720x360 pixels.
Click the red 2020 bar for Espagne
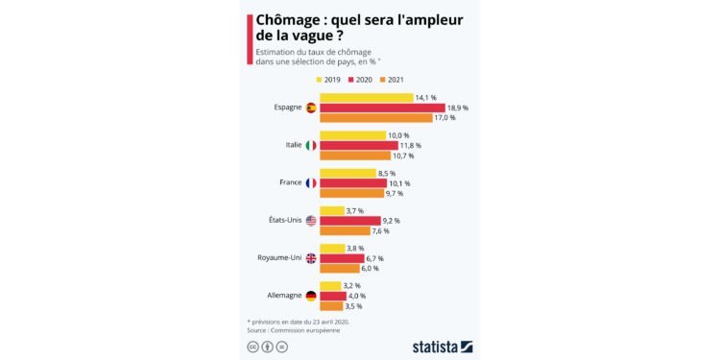pyautogui.click(x=382, y=108)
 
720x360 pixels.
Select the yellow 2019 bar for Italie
pyautogui.click(x=352, y=135)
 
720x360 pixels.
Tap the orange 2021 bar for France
pyautogui.click(x=351, y=193)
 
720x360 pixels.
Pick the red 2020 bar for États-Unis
pyautogui.click(x=349, y=221)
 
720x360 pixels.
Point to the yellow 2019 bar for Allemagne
pyautogui.click(x=330, y=285)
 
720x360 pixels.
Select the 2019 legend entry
pyautogui.click(x=329, y=80)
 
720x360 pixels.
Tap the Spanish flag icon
pyautogui.click(x=311, y=108)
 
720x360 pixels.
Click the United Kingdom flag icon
pyautogui.click(x=311, y=258)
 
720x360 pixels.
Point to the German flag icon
pyautogui.click(x=311, y=296)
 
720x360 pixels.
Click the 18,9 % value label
pyautogui.click(x=457, y=108)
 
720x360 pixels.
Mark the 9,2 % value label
pyautogui.click(x=391, y=221)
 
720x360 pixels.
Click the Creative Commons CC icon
pyautogui.click(x=253, y=346)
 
